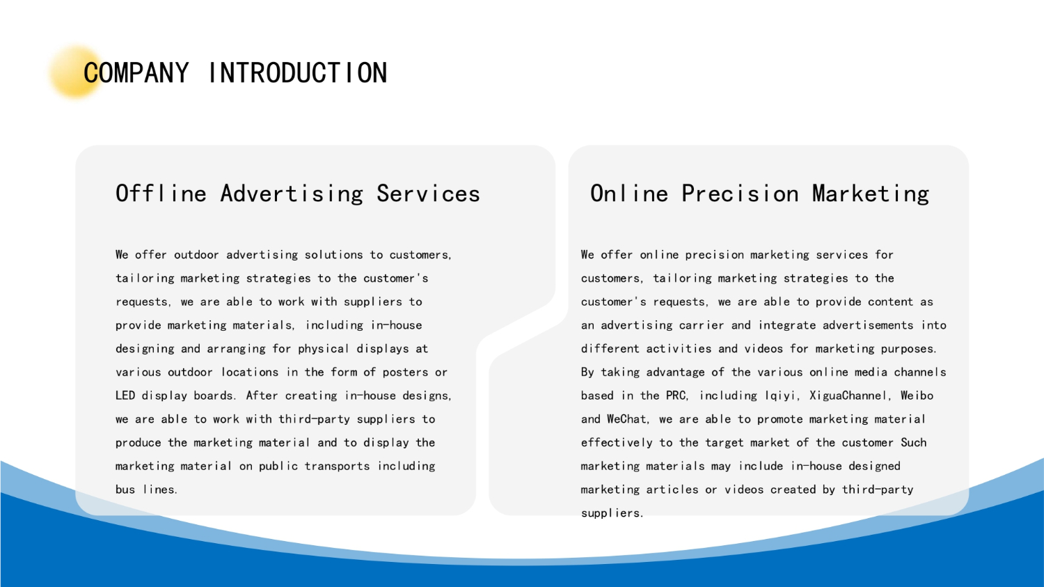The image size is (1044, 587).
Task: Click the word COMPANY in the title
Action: pos(136,72)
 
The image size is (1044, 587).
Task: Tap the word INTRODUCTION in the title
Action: pos(297,72)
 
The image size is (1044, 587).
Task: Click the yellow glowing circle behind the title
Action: pos(75,72)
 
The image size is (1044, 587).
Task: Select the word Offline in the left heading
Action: pos(161,194)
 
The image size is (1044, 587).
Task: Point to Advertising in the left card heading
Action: pos(292,194)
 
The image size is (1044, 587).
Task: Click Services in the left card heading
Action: pos(428,194)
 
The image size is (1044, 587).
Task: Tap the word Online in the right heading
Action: pos(629,194)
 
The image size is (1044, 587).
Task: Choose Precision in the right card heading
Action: pos(740,194)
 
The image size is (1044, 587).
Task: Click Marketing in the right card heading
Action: pos(871,194)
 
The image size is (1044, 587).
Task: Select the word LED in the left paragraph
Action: pos(125,396)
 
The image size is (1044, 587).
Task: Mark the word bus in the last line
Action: pos(125,490)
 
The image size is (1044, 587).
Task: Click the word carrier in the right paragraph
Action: pos(702,325)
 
